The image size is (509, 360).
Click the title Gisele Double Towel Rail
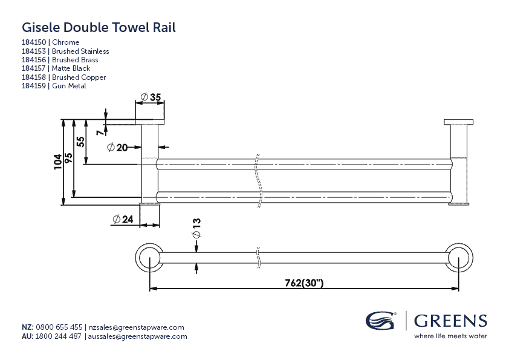tap(99, 27)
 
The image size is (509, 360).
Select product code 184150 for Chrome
tap(34, 42)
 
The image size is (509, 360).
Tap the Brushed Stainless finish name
tap(80, 51)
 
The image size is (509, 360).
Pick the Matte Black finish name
tap(71, 69)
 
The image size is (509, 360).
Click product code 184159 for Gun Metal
tap(34, 86)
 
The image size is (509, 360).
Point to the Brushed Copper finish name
tap(79, 77)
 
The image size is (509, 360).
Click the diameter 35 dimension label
tap(151, 97)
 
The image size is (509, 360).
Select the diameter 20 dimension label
tap(117, 147)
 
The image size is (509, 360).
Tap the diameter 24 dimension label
tap(123, 220)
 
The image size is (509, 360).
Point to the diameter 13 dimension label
tap(196, 227)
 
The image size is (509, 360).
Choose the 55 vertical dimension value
tap(80, 142)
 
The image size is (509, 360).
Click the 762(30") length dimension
tap(303, 283)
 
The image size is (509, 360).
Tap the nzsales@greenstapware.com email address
tap(136, 327)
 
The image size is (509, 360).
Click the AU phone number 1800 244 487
tap(59, 336)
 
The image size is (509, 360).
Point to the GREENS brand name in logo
tap(450, 320)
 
